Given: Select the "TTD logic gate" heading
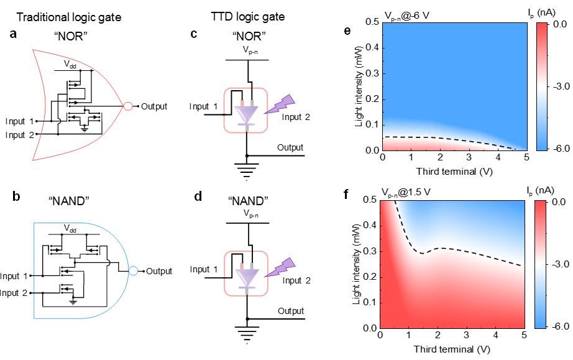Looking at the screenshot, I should (x=247, y=17).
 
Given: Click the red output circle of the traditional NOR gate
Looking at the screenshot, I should (x=129, y=106).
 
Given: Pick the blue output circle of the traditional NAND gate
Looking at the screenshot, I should (x=134, y=271).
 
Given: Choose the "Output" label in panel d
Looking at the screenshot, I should (x=291, y=310).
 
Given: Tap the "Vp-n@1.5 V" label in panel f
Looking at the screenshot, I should (x=415, y=193).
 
